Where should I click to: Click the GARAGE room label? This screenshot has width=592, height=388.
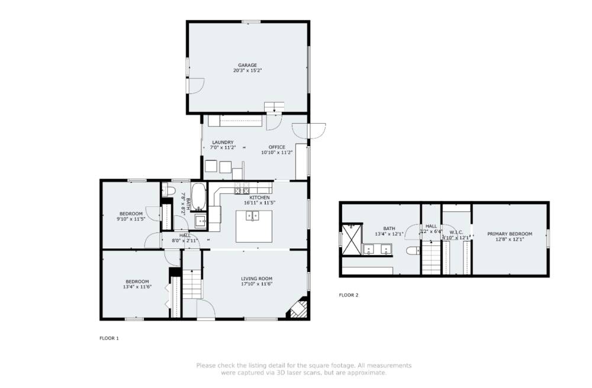(247, 65)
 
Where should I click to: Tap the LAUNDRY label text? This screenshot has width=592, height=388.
(223, 142)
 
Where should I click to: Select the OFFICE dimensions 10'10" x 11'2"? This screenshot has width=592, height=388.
(277, 152)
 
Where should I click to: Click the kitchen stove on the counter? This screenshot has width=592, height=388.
(242, 190)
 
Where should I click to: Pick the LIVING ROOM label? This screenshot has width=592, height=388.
(256, 279)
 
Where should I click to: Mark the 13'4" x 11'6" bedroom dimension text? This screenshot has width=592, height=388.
(136, 287)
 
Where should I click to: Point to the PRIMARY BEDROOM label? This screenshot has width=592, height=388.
(509, 234)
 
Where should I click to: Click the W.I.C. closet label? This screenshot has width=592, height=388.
(456, 232)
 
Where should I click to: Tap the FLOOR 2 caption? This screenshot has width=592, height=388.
(348, 295)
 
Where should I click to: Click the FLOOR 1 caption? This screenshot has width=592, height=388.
(109, 338)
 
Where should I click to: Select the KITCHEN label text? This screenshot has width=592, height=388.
(259, 197)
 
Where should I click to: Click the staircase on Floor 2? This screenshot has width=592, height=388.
(431, 259)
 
